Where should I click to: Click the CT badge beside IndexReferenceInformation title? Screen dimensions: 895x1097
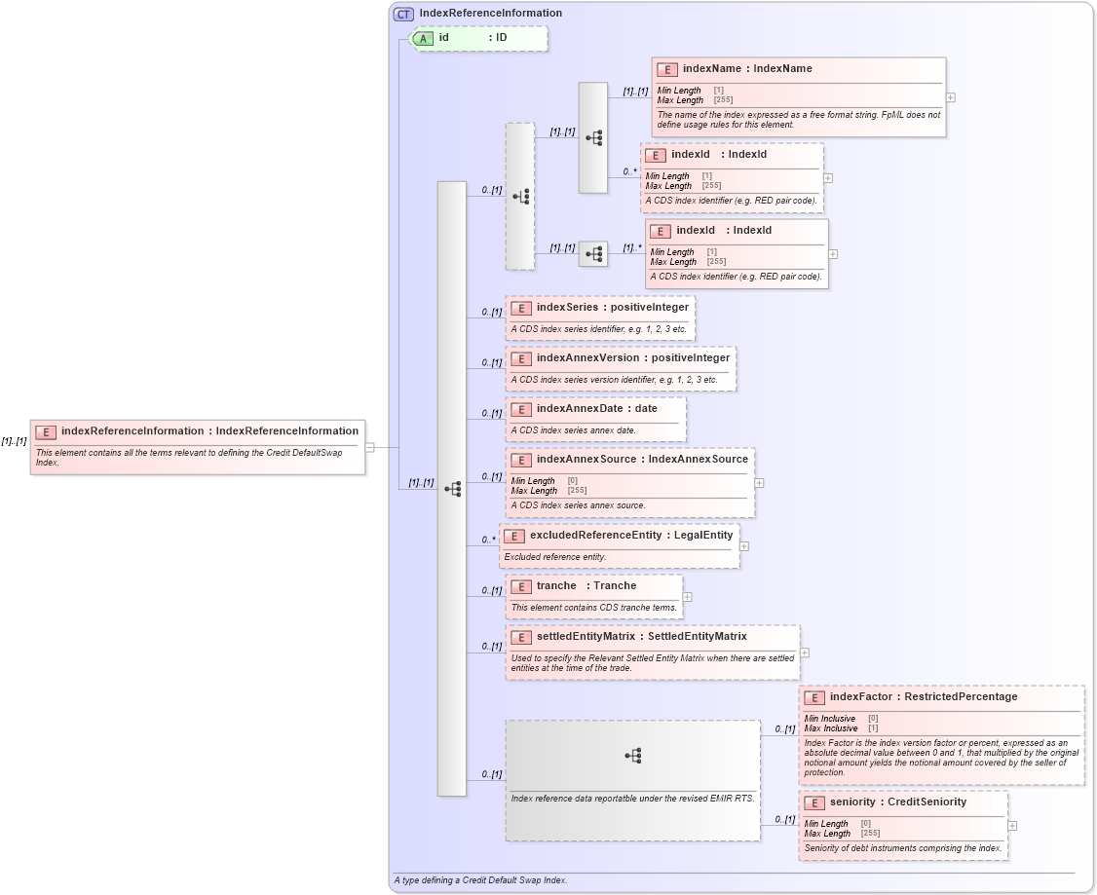coord(403,14)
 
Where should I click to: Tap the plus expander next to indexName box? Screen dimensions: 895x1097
coord(950,97)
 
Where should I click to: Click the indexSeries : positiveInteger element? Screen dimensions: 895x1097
coord(612,308)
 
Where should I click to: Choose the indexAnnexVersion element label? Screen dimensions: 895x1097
coord(632,358)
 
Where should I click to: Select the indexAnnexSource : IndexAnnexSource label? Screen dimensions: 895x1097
coord(642,460)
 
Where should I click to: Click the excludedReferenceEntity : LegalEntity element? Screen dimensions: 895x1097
coord(630,536)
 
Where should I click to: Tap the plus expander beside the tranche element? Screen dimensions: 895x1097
coord(688,597)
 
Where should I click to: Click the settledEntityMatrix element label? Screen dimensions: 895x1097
coord(641,637)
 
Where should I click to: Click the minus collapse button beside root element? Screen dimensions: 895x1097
coord(370,447)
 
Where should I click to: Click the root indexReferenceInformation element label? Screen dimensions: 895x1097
coord(209,431)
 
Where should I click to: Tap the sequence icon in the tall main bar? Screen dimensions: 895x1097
coord(452,489)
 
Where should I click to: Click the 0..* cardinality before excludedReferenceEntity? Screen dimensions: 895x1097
coord(489,540)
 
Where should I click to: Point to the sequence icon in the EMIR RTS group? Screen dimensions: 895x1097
coord(632,755)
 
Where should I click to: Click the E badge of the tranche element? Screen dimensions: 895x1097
coord(521,586)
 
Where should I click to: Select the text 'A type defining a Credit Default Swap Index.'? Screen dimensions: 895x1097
coord(480,879)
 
